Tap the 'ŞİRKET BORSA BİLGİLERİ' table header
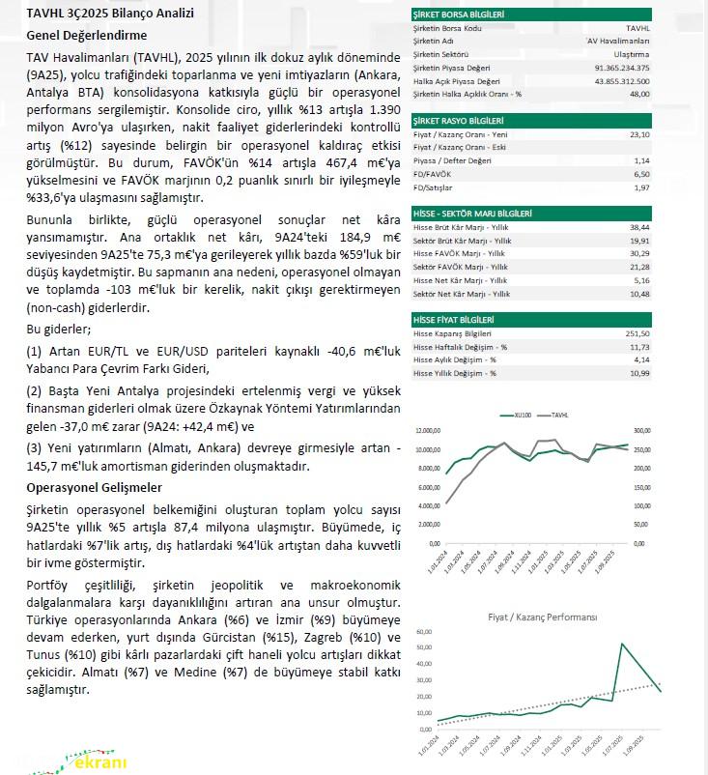[x=458, y=14]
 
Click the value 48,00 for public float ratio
[x=638, y=94]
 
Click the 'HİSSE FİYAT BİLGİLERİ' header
[x=453, y=319]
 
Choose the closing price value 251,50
[x=637, y=332]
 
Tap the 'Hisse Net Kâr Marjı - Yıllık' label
[x=461, y=279]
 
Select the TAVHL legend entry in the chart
[x=558, y=415]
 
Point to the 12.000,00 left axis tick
[x=428, y=432]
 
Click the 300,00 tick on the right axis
[x=641, y=432]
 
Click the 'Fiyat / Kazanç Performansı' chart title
[x=542, y=616]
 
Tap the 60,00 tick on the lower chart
[x=423, y=632]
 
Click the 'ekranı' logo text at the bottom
[x=97, y=761]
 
